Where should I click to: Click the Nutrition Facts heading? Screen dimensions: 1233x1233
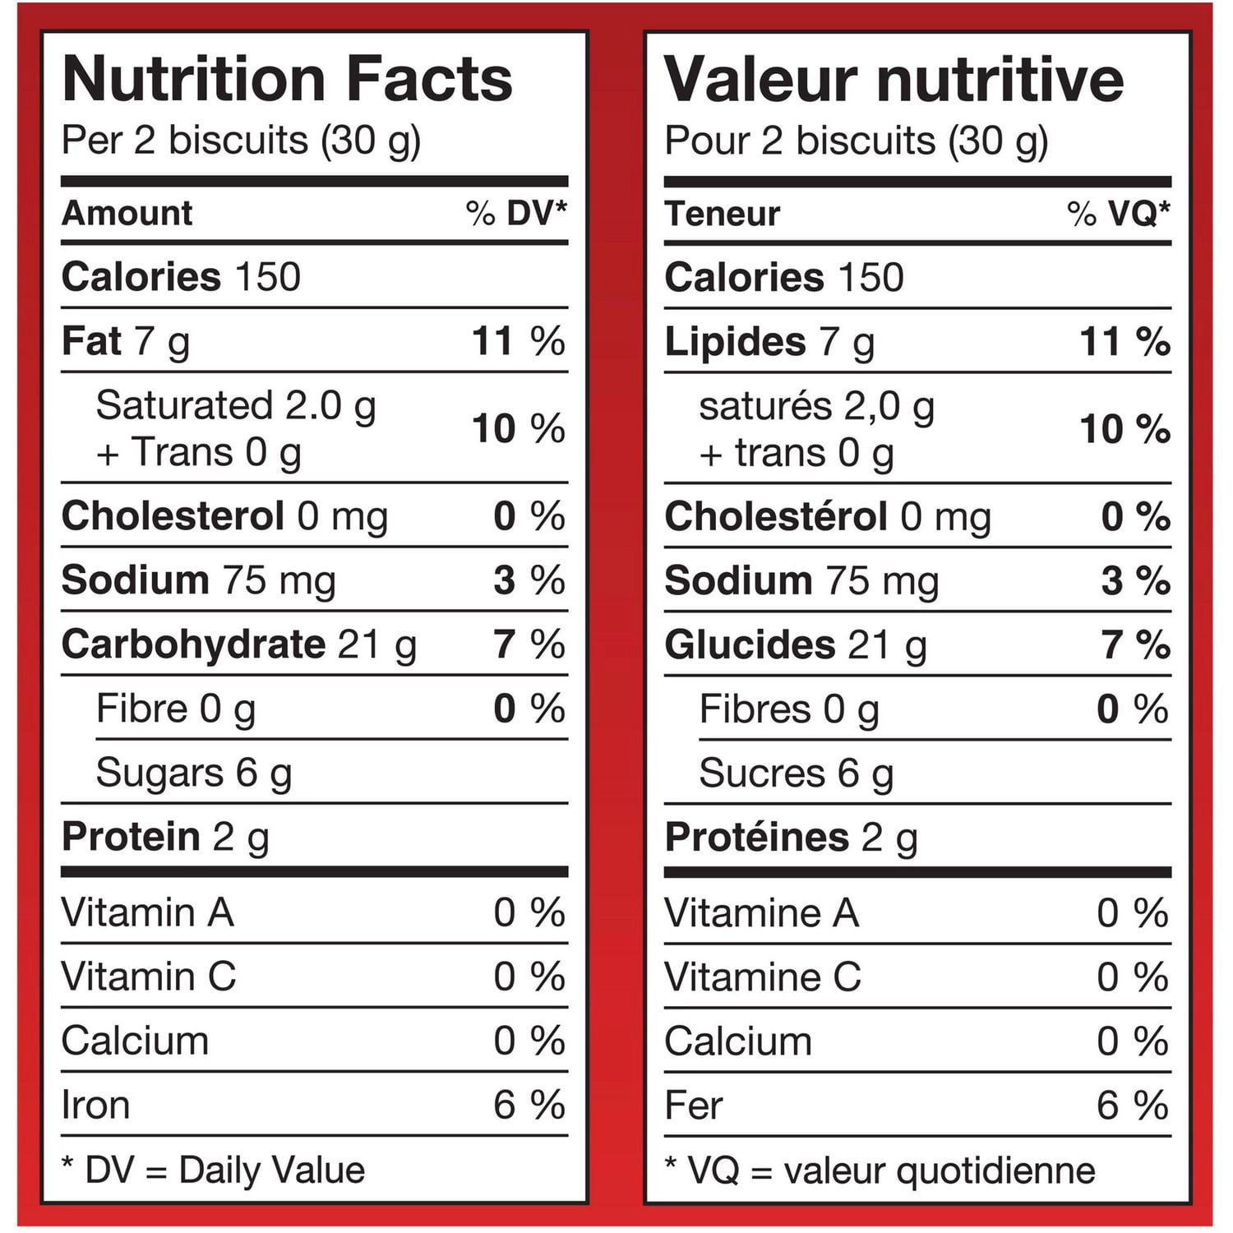click(288, 79)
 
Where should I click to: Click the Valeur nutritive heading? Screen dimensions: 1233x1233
click(894, 79)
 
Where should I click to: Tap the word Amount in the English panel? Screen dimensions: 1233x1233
click(127, 213)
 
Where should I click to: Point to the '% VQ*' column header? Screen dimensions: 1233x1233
click(1119, 214)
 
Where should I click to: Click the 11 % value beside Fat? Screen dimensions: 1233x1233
click(519, 341)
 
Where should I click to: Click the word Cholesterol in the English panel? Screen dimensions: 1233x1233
click(173, 516)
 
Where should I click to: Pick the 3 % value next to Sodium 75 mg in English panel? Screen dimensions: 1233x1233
click(529, 580)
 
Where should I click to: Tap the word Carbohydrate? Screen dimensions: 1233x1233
click(194, 644)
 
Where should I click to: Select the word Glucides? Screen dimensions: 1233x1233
click(750, 645)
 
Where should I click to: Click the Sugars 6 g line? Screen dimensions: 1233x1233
click(194, 774)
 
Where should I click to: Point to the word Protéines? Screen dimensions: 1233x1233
click(756, 837)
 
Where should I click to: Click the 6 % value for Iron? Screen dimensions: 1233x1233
click(529, 1105)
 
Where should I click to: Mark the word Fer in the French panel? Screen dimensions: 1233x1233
click(694, 1106)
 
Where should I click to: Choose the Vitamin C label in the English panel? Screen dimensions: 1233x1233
click(149, 977)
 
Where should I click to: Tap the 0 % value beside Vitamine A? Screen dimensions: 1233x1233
click(1133, 913)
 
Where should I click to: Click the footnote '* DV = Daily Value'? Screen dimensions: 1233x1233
click(214, 1170)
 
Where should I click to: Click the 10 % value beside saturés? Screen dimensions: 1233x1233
click(1125, 429)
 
